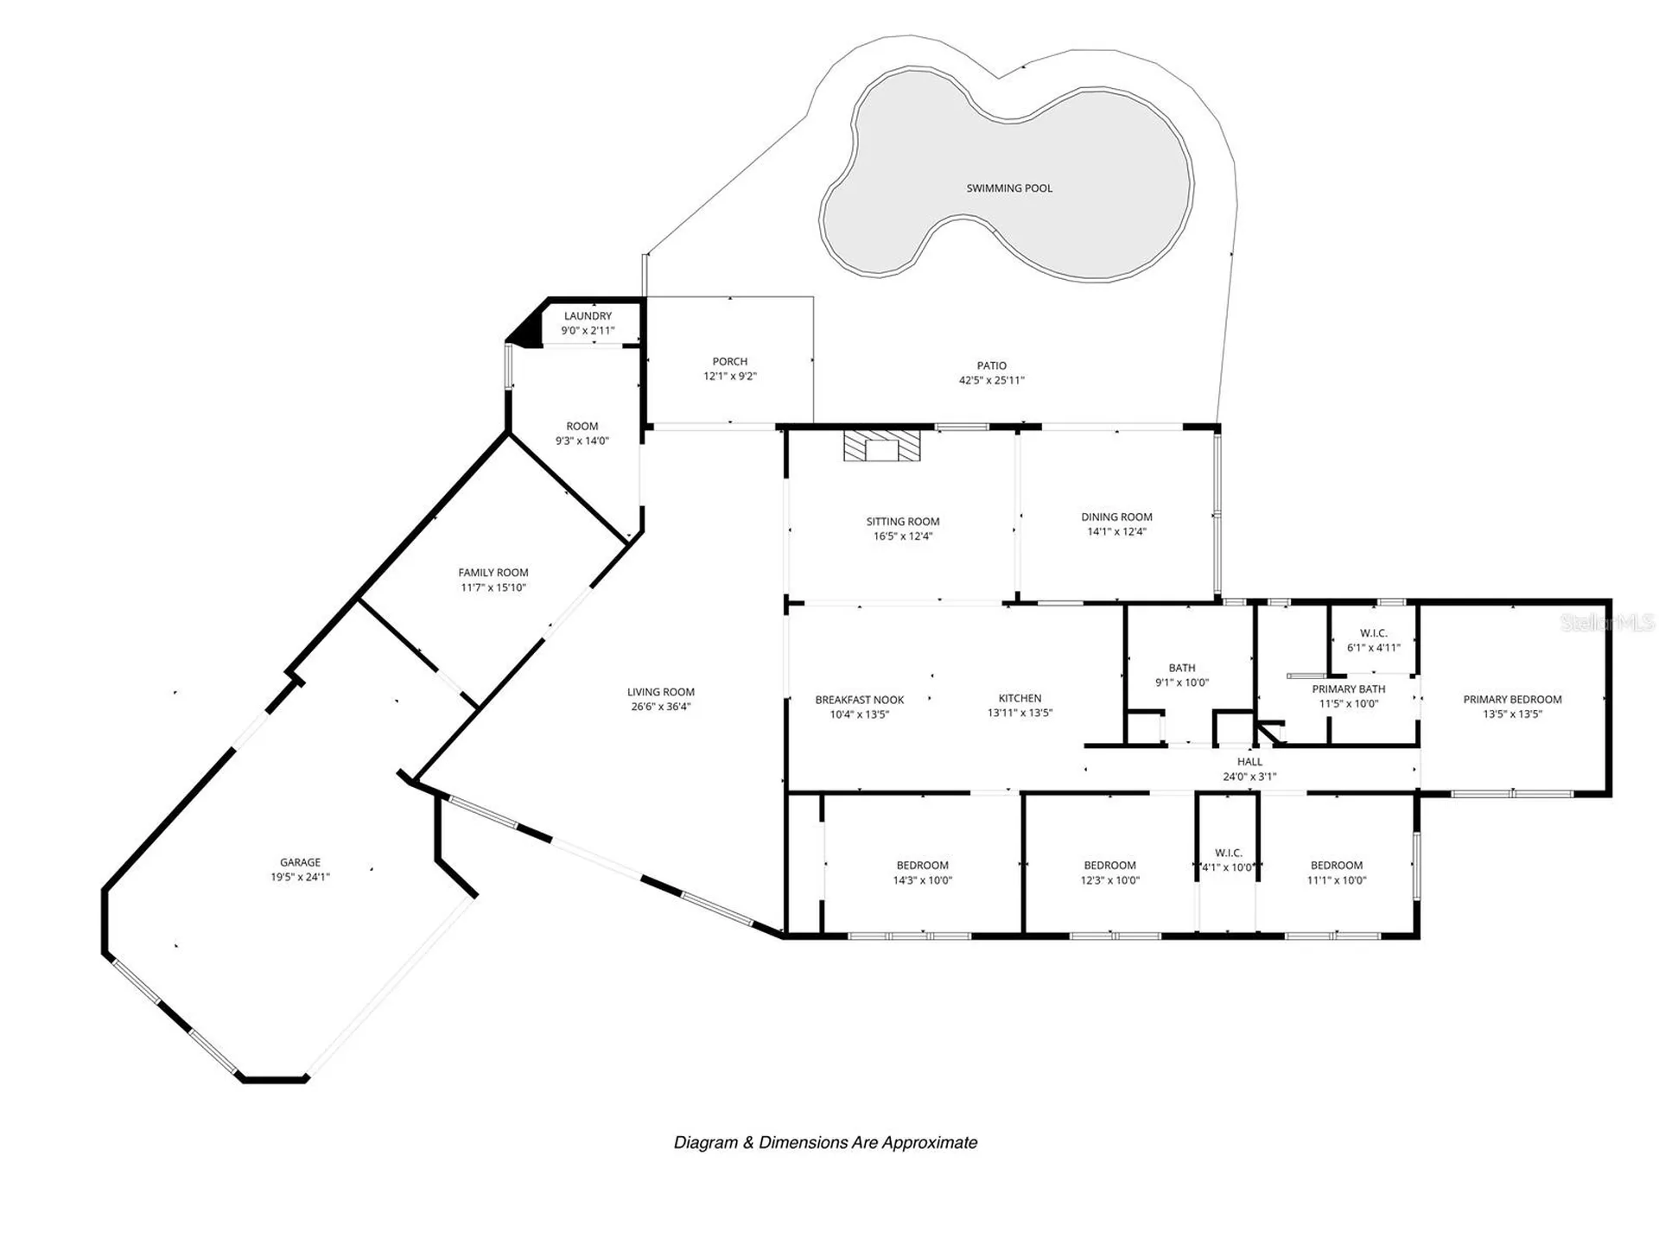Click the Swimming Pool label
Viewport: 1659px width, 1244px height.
click(x=1009, y=188)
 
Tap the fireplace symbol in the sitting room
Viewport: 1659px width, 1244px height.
click(x=882, y=447)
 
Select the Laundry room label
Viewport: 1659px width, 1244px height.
click(x=588, y=316)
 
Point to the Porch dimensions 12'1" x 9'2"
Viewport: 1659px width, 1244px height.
click(x=730, y=377)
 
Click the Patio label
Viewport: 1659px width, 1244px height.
click(x=992, y=365)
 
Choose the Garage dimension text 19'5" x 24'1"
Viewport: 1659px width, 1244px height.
click(x=300, y=878)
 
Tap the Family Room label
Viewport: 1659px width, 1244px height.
click(x=493, y=573)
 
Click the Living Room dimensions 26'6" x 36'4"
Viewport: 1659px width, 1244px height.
click(x=661, y=707)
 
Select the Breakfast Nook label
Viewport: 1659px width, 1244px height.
click(x=860, y=700)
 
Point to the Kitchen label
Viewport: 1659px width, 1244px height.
click(x=1020, y=698)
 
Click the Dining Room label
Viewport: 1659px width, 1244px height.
click(x=1116, y=517)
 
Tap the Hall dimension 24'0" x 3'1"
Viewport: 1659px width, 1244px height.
click(x=1249, y=777)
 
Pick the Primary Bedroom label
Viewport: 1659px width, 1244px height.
click(x=1512, y=700)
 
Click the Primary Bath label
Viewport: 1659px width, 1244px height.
click(x=1348, y=689)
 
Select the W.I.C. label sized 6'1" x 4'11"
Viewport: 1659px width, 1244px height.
click(x=1374, y=633)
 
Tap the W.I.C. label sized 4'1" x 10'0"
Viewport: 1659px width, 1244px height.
click(x=1228, y=854)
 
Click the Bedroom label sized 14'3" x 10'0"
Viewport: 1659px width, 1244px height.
click(x=922, y=866)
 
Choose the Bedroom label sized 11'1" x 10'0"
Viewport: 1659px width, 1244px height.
click(x=1337, y=866)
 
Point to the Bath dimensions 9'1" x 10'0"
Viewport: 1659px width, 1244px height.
click(x=1182, y=682)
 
